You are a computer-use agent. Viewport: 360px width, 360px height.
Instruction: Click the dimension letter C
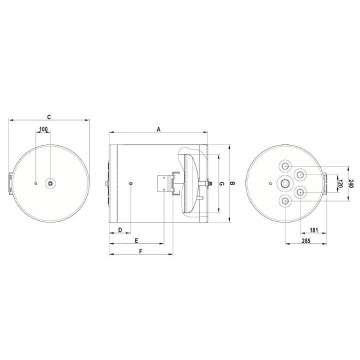click(x=49, y=117)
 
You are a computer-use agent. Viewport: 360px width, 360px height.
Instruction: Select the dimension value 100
click(x=43, y=129)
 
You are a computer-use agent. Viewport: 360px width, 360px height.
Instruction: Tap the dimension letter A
click(x=158, y=129)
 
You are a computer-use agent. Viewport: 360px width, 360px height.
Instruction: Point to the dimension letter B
click(x=232, y=183)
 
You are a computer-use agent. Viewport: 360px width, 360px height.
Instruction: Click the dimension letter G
click(x=221, y=183)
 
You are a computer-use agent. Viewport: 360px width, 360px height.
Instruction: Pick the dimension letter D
click(x=120, y=230)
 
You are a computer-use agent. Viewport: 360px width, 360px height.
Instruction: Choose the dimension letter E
click(x=136, y=240)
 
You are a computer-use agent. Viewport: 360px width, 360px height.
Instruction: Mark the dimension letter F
click(x=140, y=251)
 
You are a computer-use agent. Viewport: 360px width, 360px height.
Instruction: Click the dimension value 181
click(x=313, y=230)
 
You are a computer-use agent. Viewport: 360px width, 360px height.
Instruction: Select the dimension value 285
click(x=306, y=240)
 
